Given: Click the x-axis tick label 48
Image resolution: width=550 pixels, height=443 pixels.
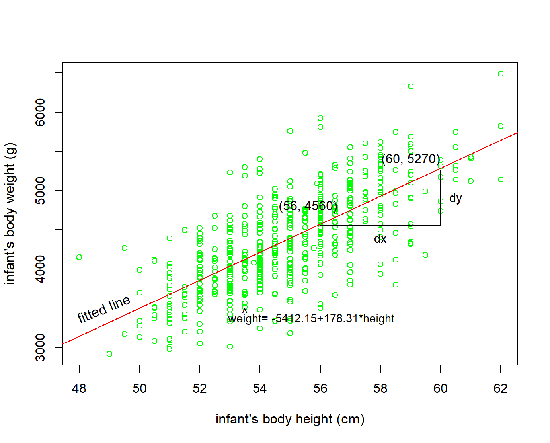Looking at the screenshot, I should (x=79, y=388).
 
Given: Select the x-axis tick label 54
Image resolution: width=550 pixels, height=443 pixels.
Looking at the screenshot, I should (x=260, y=388).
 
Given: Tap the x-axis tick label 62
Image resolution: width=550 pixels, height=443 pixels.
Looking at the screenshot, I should (x=500, y=388).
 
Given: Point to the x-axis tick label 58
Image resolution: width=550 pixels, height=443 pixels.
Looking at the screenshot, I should (x=380, y=388).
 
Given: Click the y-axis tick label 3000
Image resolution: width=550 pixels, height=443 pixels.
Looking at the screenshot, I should (x=41, y=347).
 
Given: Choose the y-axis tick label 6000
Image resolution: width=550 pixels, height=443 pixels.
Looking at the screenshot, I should (x=41, y=112).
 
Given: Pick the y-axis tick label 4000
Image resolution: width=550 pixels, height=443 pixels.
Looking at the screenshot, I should (x=41, y=269).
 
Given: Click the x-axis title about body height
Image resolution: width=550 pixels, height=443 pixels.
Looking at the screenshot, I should (x=290, y=419).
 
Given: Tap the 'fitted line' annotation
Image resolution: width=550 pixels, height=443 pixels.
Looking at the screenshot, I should (x=103, y=309).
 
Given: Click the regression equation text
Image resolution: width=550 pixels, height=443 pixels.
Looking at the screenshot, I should (x=311, y=318).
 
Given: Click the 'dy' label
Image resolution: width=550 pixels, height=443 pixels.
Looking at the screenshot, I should (x=455, y=198).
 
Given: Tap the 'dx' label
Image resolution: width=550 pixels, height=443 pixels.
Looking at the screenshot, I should (x=380, y=239).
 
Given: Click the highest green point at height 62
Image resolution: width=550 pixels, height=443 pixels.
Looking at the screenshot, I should (x=501, y=74).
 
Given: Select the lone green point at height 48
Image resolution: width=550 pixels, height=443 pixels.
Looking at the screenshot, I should (x=79, y=257).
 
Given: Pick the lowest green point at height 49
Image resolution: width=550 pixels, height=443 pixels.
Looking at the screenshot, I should (x=109, y=354).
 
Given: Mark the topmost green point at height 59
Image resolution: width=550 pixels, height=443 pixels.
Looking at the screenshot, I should (x=411, y=86).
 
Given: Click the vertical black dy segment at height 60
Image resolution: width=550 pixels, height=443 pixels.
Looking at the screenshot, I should (x=441, y=199).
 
